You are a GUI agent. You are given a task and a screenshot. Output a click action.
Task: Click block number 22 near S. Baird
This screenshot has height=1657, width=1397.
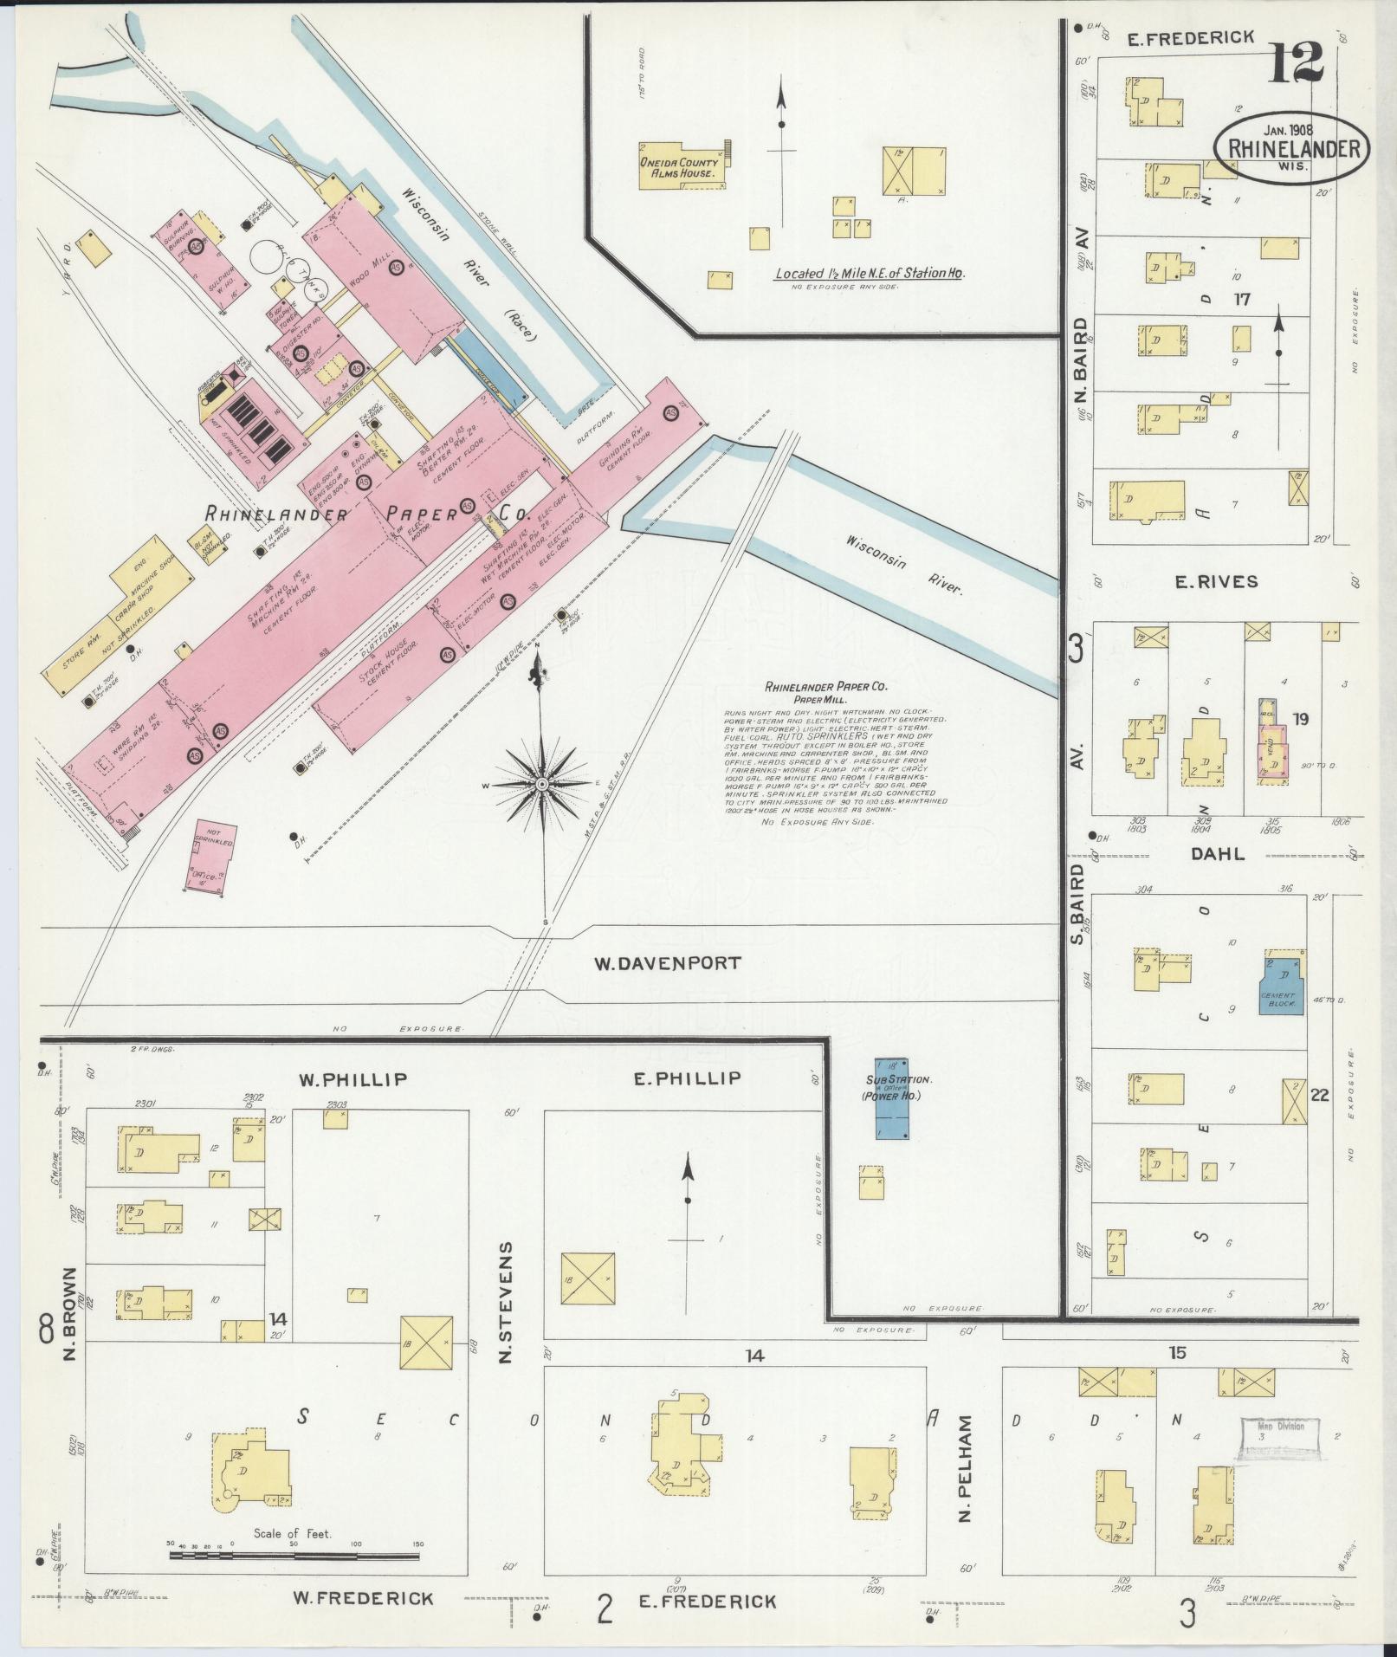point(1319,1095)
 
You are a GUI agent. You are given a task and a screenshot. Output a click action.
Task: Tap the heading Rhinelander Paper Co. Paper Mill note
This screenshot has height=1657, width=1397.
point(825,692)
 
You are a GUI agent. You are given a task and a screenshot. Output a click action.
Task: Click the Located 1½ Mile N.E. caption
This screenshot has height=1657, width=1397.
point(869,274)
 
